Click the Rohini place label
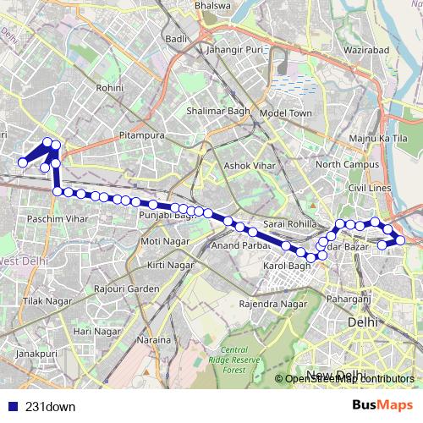pyautogui.click(x=110, y=87)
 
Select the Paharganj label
pyautogui.click(x=350, y=297)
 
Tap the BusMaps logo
pyautogui.click(x=382, y=405)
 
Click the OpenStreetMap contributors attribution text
pyautogui.click(x=349, y=379)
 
